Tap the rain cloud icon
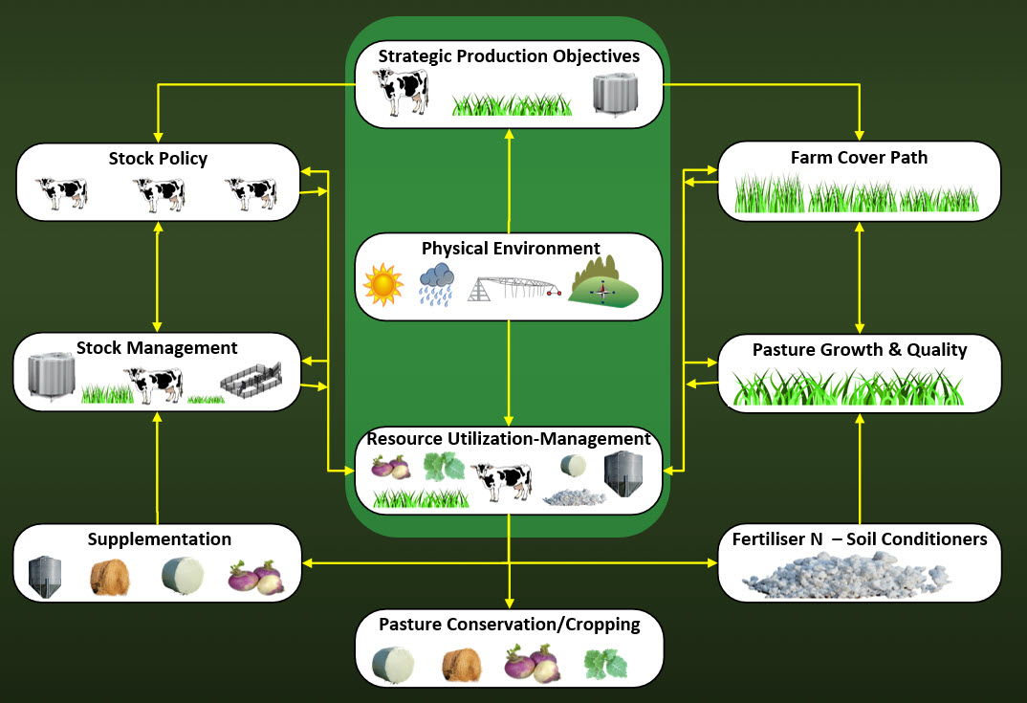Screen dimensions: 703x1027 (x=436, y=284)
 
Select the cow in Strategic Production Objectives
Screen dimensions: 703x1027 (x=401, y=93)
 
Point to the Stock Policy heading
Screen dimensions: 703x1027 (x=158, y=159)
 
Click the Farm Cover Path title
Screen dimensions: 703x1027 (x=859, y=157)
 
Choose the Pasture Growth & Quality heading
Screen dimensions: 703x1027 (x=860, y=349)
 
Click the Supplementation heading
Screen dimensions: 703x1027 (x=160, y=539)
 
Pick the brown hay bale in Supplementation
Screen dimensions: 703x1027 (x=108, y=577)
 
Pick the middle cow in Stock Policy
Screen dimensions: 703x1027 (x=159, y=194)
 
